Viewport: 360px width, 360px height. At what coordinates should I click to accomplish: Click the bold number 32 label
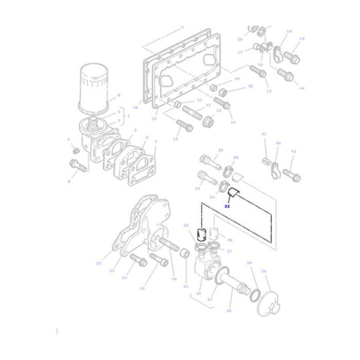(x=227, y=206)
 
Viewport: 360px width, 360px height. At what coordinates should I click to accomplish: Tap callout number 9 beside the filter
(x=118, y=95)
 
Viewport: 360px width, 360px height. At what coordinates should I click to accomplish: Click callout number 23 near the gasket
(x=98, y=263)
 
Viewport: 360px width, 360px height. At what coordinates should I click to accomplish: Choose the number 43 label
(x=142, y=288)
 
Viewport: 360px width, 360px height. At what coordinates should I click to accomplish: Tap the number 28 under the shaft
(x=229, y=310)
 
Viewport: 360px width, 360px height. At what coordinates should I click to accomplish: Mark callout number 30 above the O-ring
(x=249, y=263)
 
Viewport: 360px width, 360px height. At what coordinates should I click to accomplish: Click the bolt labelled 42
(x=290, y=174)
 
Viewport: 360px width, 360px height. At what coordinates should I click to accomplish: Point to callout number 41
(x=265, y=135)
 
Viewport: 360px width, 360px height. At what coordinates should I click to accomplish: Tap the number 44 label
(x=302, y=88)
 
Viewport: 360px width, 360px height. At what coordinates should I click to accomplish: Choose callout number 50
(x=251, y=87)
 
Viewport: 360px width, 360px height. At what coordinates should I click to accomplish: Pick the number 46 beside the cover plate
(x=135, y=108)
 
